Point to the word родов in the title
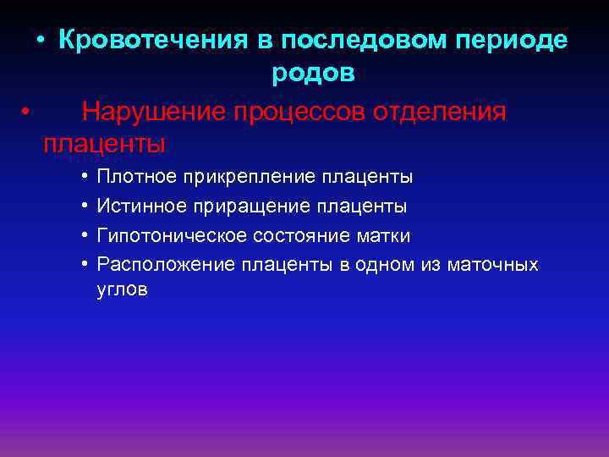pyautogui.click(x=313, y=74)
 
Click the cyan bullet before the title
pyautogui.click(x=40, y=41)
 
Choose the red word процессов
pyautogui.click(x=308, y=113)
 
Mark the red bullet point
pyautogui.click(x=27, y=112)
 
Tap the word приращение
pyautogui.click(x=250, y=206)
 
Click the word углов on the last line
pyautogui.click(x=123, y=290)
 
